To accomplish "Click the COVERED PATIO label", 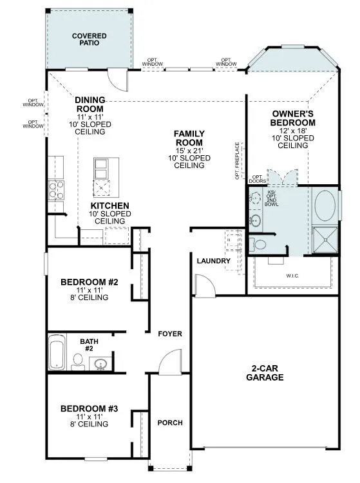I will (89, 39).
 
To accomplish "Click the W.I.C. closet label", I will (293, 276).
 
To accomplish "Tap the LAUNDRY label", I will (214, 261).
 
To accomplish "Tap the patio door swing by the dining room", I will (118, 78).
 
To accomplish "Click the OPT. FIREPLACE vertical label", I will (237, 160).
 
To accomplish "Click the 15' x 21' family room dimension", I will (189, 150).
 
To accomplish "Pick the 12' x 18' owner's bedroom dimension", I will (292, 130).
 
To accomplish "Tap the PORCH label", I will (170, 423).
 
